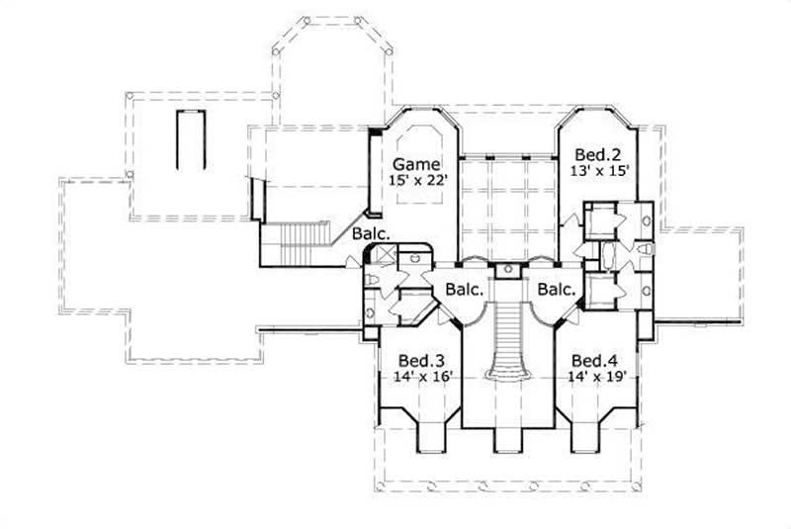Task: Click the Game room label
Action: (x=415, y=163)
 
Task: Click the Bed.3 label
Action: (x=414, y=360)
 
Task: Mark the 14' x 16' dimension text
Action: (x=414, y=376)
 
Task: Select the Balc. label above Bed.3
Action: (x=464, y=290)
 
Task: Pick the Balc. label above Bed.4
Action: (x=558, y=290)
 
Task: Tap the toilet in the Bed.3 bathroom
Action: (x=370, y=283)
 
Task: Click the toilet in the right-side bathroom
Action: (x=645, y=248)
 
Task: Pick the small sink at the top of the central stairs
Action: (x=508, y=269)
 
